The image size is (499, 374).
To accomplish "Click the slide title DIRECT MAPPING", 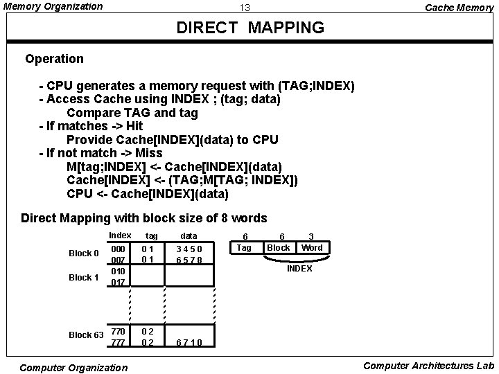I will coord(250,28).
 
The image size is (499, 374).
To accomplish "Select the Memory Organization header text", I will coord(53,6).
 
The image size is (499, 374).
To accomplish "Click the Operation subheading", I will coord(53,59).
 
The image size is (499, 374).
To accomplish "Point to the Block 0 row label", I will coord(84,253).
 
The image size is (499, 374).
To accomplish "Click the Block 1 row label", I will coord(84,277).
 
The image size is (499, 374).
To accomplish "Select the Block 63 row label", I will coord(86,335).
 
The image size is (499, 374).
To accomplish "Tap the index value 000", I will coord(119,248).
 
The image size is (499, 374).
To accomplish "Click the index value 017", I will coord(119,282).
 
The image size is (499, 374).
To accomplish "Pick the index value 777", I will coord(119,342).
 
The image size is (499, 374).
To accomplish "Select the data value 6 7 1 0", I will coord(189,342).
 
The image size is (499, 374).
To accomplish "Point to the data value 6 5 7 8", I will coord(189,260).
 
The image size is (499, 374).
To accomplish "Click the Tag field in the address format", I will coord(244,247).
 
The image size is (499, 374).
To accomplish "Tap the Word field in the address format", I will coord(312,247).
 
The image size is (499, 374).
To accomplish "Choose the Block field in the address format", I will coord(279,247).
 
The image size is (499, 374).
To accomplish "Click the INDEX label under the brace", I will coord(299,268).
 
